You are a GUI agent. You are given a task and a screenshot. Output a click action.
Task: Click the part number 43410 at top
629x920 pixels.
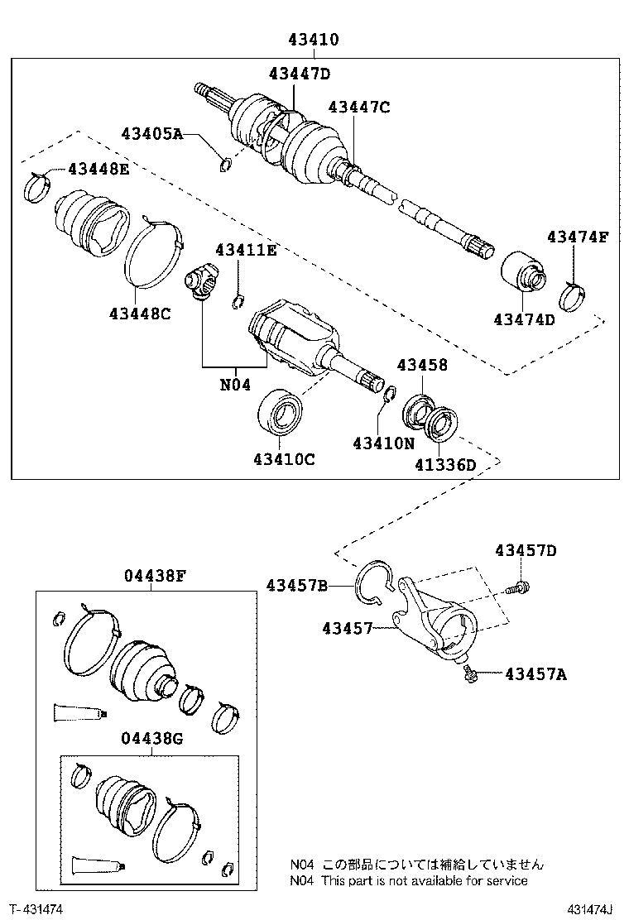pyautogui.click(x=314, y=39)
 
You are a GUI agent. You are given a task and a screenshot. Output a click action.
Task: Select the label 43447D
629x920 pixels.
pyautogui.click(x=299, y=74)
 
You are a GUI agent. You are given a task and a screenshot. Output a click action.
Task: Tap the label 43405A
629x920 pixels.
pyautogui.click(x=151, y=132)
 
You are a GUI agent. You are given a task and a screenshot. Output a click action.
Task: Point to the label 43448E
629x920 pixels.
pyautogui.click(x=98, y=169)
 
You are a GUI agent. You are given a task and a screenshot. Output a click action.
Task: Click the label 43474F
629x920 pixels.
pyautogui.click(x=577, y=237)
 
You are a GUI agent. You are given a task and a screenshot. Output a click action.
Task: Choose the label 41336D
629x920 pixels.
pyautogui.click(x=445, y=464)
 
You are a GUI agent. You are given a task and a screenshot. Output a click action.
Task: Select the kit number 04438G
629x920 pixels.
pyautogui.click(x=151, y=738)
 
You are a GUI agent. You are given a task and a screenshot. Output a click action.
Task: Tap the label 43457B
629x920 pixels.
pyautogui.click(x=297, y=586)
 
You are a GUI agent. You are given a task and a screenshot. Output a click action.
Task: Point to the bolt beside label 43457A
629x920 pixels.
pyautogui.click(x=470, y=674)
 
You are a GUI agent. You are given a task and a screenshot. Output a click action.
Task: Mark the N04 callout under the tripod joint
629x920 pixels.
pyautogui.click(x=235, y=383)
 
